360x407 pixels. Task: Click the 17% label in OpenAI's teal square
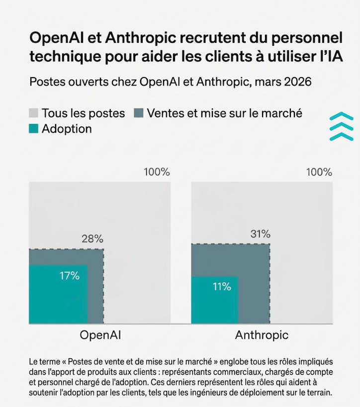69,276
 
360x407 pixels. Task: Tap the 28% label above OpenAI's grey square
92,238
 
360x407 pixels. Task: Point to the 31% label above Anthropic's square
260,234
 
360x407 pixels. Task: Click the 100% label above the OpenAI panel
157,173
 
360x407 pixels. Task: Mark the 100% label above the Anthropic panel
319,173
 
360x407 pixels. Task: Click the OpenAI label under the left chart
100,335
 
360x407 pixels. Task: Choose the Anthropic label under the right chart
262,335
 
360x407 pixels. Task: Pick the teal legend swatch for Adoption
34,129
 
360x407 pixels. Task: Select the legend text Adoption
67,129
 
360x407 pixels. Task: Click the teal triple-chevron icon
341,127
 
